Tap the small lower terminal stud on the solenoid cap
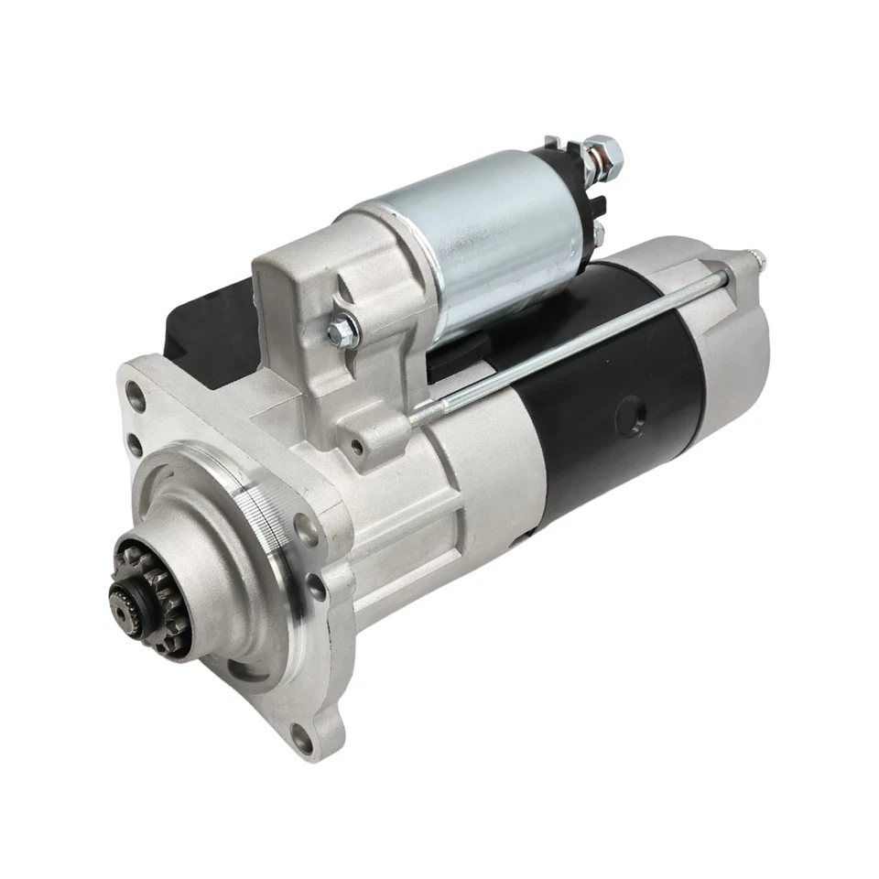pyautogui.click(x=600, y=229)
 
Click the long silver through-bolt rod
pyautogui.click(x=586, y=339)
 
